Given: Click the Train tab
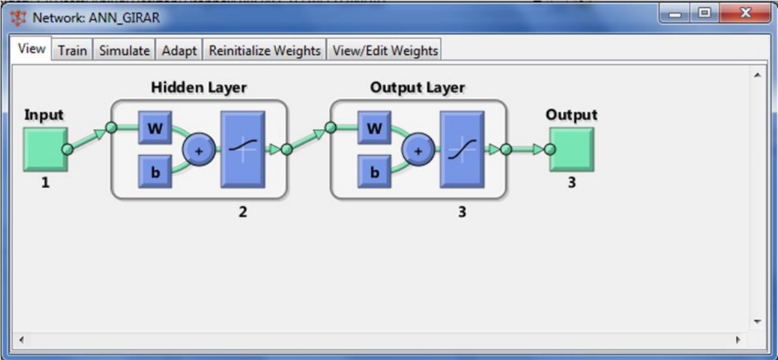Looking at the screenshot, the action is [x=72, y=50].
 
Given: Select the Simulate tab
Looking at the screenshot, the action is [x=124, y=50].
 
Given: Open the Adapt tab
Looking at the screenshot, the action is [x=179, y=50].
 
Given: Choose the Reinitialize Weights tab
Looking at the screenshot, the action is [x=265, y=50].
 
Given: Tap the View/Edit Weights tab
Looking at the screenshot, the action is [x=385, y=50].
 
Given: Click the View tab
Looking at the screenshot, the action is [x=31, y=49].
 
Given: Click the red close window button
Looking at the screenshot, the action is [x=745, y=14].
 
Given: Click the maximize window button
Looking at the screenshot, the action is [x=704, y=14].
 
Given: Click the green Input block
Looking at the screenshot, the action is [x=45, y=149].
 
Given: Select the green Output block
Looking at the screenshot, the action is [x=571, y=149].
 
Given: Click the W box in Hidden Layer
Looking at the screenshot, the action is [x=155, y=127].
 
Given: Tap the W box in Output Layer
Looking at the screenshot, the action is [x=374, y=127].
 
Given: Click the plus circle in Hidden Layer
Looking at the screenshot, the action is [x=200, y=150].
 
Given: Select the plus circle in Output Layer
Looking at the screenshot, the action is [x=419, y=150].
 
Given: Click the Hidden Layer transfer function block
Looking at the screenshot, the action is [x=243, y=149].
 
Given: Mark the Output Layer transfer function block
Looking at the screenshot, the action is [x=462, y=149].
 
